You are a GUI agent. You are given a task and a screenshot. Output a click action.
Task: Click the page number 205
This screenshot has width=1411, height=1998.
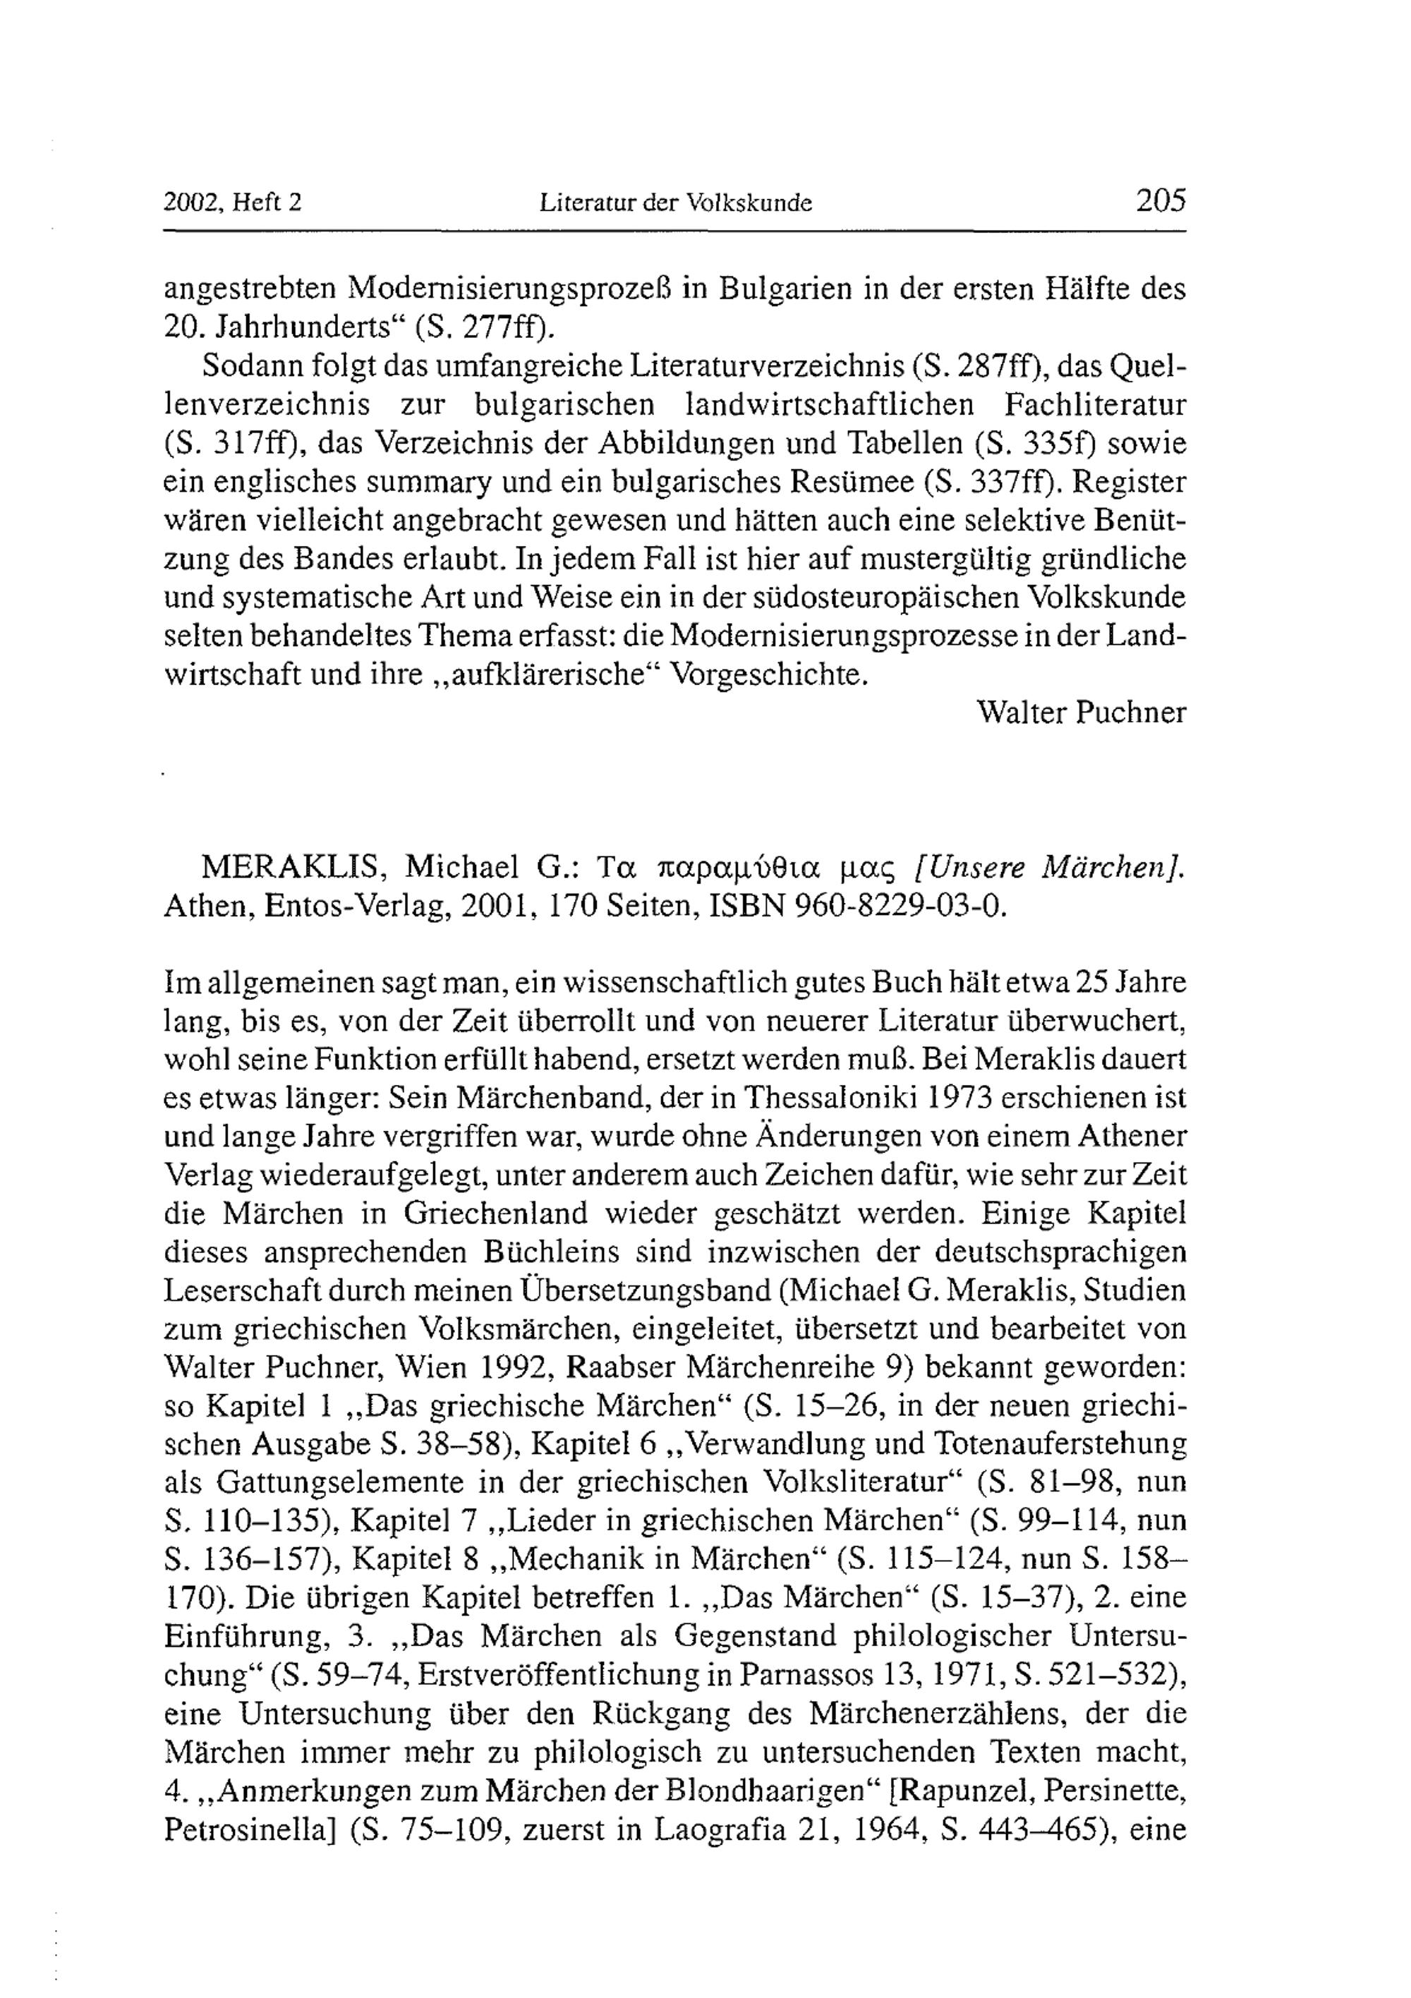pos(1161,201)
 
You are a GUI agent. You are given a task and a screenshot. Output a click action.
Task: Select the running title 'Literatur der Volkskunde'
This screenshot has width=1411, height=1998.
pos(675,204)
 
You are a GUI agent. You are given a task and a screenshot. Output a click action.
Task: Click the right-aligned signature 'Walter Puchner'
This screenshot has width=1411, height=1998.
pos(1081,713)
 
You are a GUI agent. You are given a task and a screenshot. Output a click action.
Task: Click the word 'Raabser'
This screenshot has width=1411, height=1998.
pos(622,1369)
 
